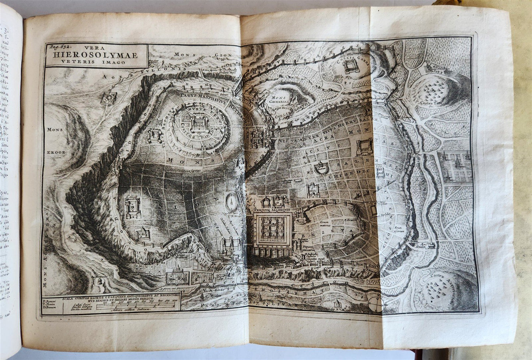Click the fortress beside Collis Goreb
click(x=348, y=67)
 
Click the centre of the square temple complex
click(x=272, y=229)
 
